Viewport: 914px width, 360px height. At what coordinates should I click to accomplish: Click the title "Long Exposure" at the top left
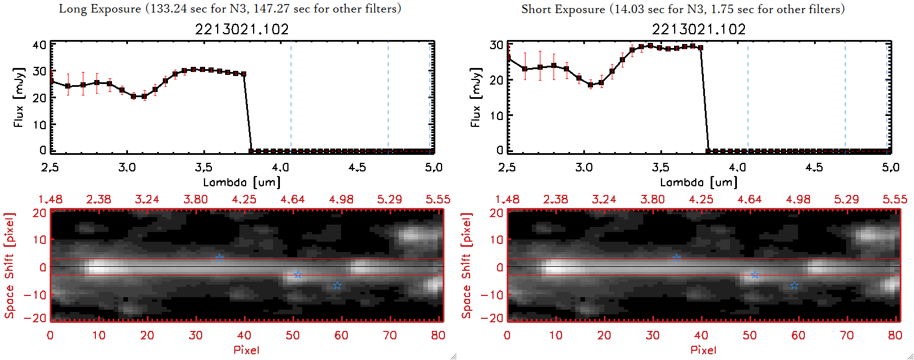(100, 9)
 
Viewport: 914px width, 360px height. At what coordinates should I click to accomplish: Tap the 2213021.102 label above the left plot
(242, 29)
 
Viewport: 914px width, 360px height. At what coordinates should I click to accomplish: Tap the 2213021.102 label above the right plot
(699, 29)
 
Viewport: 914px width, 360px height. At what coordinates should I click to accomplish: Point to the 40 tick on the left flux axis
(39, 45)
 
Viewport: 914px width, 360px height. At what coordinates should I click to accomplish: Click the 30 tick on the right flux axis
(496, 45)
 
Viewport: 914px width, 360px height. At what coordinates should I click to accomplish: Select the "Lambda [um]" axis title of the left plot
(242, 182)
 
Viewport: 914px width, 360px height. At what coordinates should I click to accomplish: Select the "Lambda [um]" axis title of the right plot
(699, 182)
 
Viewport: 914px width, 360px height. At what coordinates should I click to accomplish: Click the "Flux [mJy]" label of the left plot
(19, 98)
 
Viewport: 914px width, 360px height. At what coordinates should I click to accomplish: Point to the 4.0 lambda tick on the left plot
(280, 167)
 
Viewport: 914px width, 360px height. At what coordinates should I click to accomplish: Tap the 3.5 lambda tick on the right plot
(660, 167)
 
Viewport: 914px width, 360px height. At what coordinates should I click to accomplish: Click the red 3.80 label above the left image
(195, 199)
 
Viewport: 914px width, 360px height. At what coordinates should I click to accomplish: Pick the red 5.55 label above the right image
(895, 199)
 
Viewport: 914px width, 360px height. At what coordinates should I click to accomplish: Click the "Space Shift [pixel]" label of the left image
(9, 266)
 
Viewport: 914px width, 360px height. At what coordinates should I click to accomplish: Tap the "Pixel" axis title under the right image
(703, 350)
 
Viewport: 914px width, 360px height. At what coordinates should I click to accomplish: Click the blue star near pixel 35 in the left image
(219, 258)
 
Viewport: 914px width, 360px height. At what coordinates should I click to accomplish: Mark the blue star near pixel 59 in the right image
(794, 286)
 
